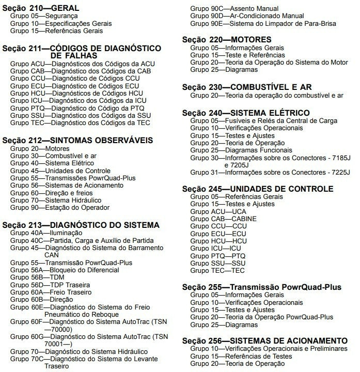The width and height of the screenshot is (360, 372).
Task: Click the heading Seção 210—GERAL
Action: (x=41, y=9)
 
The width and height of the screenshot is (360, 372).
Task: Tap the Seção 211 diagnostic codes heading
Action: (x=82, y=48)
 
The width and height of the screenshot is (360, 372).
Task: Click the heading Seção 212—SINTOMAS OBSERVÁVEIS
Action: (x=77, y=139)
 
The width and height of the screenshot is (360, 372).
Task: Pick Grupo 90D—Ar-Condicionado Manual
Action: (x=247, y=17)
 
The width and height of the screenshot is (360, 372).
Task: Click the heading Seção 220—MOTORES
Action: (x=227, y=40)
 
